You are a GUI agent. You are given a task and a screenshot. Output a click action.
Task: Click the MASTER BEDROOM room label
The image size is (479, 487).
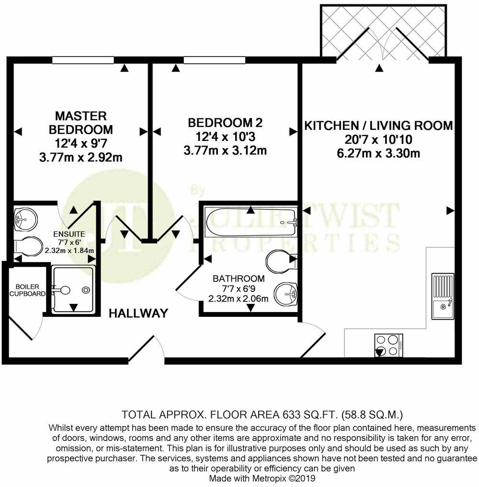point(80,122)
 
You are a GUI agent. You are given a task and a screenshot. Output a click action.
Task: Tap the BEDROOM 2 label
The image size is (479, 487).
point(225,123)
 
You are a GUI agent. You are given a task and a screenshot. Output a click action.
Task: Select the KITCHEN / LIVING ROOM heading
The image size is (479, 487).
point(379,126)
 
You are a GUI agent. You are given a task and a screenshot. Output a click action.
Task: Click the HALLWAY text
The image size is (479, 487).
point(138,313)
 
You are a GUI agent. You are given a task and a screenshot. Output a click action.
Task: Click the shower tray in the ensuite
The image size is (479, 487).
point(72,290)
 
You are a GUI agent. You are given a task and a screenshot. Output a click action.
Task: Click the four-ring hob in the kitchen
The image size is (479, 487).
point(388,345)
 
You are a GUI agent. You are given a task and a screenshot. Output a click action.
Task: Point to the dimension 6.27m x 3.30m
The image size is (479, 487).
point(378,153)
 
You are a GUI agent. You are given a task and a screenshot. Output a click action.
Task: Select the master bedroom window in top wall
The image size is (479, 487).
point(83,60)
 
